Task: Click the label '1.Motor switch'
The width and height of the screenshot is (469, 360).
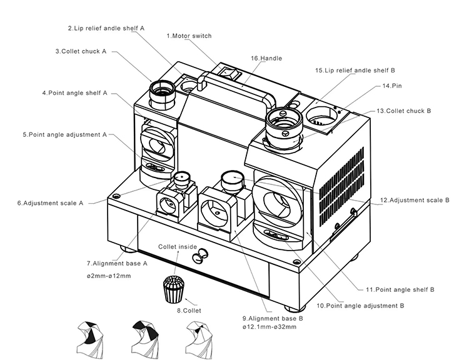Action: point(190,36)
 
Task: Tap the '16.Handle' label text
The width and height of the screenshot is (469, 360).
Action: point(266,58)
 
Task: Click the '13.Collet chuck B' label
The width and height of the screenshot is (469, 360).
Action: point(404,111)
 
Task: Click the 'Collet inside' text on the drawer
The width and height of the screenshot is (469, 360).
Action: point(177,247)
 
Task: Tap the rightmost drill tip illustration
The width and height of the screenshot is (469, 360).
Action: point(200,338)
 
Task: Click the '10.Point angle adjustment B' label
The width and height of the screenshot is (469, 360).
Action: point(360,306)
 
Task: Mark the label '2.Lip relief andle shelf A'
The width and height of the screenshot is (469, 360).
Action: point(106,28)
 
